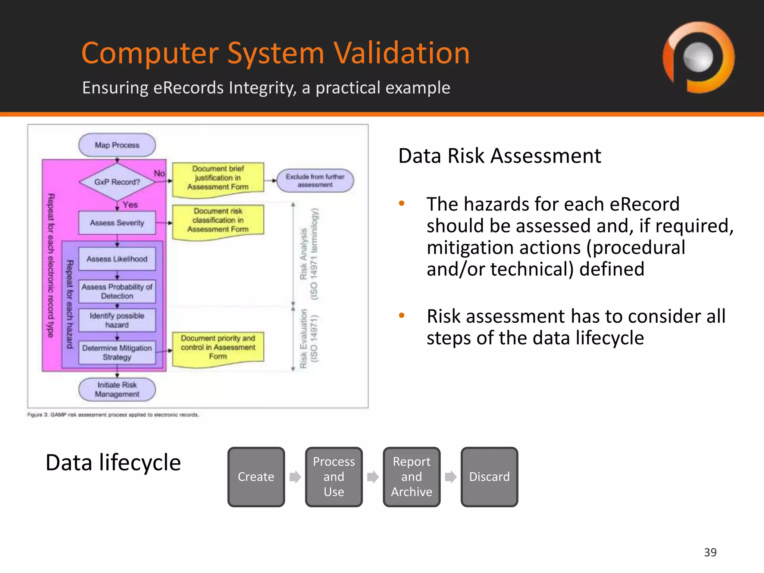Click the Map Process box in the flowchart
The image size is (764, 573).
tap(117, 145)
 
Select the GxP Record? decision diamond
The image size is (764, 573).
tap(117, 182)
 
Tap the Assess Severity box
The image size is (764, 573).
tap(117, 223)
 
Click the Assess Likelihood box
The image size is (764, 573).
tap(117, 259)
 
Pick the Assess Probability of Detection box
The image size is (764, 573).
tap(117, 291)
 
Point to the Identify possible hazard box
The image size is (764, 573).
tap(117, 320)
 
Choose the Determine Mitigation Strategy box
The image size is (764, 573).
tap(117, 353)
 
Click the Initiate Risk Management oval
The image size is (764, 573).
tap(117, 389)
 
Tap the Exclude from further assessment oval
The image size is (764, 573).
tap(315, 181)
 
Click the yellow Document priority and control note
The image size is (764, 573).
tap(218, 348)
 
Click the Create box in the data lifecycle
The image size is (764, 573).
tap(256, 477)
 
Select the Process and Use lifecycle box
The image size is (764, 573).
tap(334, 477)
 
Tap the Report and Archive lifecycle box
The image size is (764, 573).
tap(411, 477)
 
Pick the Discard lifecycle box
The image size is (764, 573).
tap(489, 477)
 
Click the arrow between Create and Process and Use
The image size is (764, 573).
tap(295, 477)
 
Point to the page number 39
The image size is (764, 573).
tap(710, 552)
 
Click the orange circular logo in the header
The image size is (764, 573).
tap(698, 58)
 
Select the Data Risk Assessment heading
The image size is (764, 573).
tap(500, 156)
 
